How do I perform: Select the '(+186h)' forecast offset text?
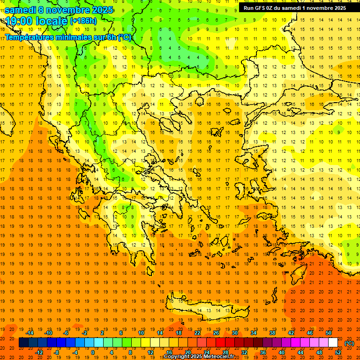tap(83, 21)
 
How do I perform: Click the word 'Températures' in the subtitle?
tap(30, 37)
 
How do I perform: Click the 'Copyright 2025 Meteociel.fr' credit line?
tap(199, 357)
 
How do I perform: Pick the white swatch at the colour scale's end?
tap(333, 343)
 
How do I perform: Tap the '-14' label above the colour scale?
tap(30, 333)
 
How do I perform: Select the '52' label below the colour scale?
tap(338, 352)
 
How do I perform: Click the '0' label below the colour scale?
tap(93, 352)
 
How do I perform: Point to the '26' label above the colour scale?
tap(216, 333)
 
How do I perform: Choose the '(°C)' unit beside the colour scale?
tap(349, 343)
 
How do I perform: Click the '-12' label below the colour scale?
tap(39, 352)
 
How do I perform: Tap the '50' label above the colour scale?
tap(329, 333)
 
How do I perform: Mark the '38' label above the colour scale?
tap(272, 333)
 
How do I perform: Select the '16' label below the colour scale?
tap(169, 352)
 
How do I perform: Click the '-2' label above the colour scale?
tap(85, 333)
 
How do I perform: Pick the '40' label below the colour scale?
tap(282, 352)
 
